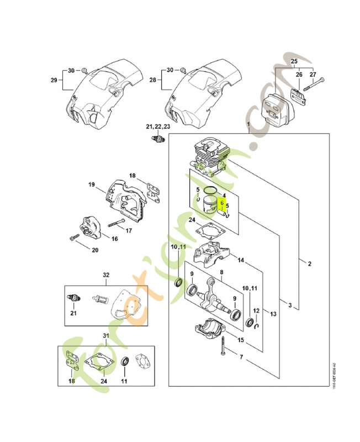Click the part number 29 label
54,81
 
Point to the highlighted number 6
222,203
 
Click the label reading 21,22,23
158,127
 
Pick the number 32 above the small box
107,275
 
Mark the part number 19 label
92,185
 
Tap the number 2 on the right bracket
309,264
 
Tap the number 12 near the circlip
255,312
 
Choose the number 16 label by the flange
115,239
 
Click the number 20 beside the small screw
94,249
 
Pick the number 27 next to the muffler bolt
313,74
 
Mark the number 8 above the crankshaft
221,272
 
